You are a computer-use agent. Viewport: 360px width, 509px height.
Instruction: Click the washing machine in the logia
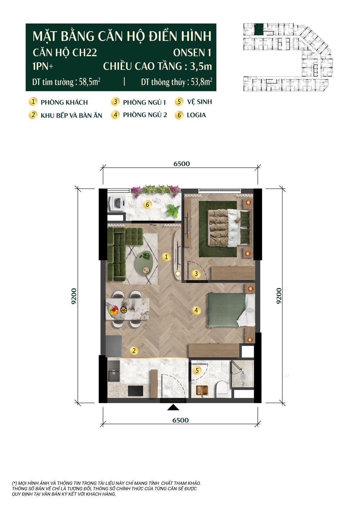(117, 203)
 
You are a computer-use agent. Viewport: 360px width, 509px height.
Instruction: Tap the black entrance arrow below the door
(173, 407)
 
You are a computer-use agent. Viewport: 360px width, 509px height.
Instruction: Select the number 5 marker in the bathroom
(197, 370)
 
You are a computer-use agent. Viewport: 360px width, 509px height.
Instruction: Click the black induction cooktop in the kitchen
(135, 391)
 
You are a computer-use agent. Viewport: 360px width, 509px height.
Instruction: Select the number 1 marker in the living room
(166, 257)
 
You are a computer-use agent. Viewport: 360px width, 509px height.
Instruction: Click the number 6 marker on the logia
(148, 205)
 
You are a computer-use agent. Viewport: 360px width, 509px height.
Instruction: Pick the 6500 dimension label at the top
(181, 164)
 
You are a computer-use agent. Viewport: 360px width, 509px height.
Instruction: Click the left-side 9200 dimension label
(74, 296)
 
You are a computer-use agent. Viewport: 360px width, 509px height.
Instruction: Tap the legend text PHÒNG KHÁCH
(64, 103)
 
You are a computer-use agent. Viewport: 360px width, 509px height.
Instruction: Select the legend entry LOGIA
(196, 115)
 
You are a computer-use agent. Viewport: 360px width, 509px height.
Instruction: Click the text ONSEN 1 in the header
(192, 53)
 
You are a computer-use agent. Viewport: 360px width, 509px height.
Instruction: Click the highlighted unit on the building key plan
(258, 29)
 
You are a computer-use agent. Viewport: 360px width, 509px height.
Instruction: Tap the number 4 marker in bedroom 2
(196, 310)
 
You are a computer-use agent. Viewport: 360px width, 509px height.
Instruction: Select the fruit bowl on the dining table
(113, 310)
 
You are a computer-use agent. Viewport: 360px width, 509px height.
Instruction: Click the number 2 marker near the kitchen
(134, 351)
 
